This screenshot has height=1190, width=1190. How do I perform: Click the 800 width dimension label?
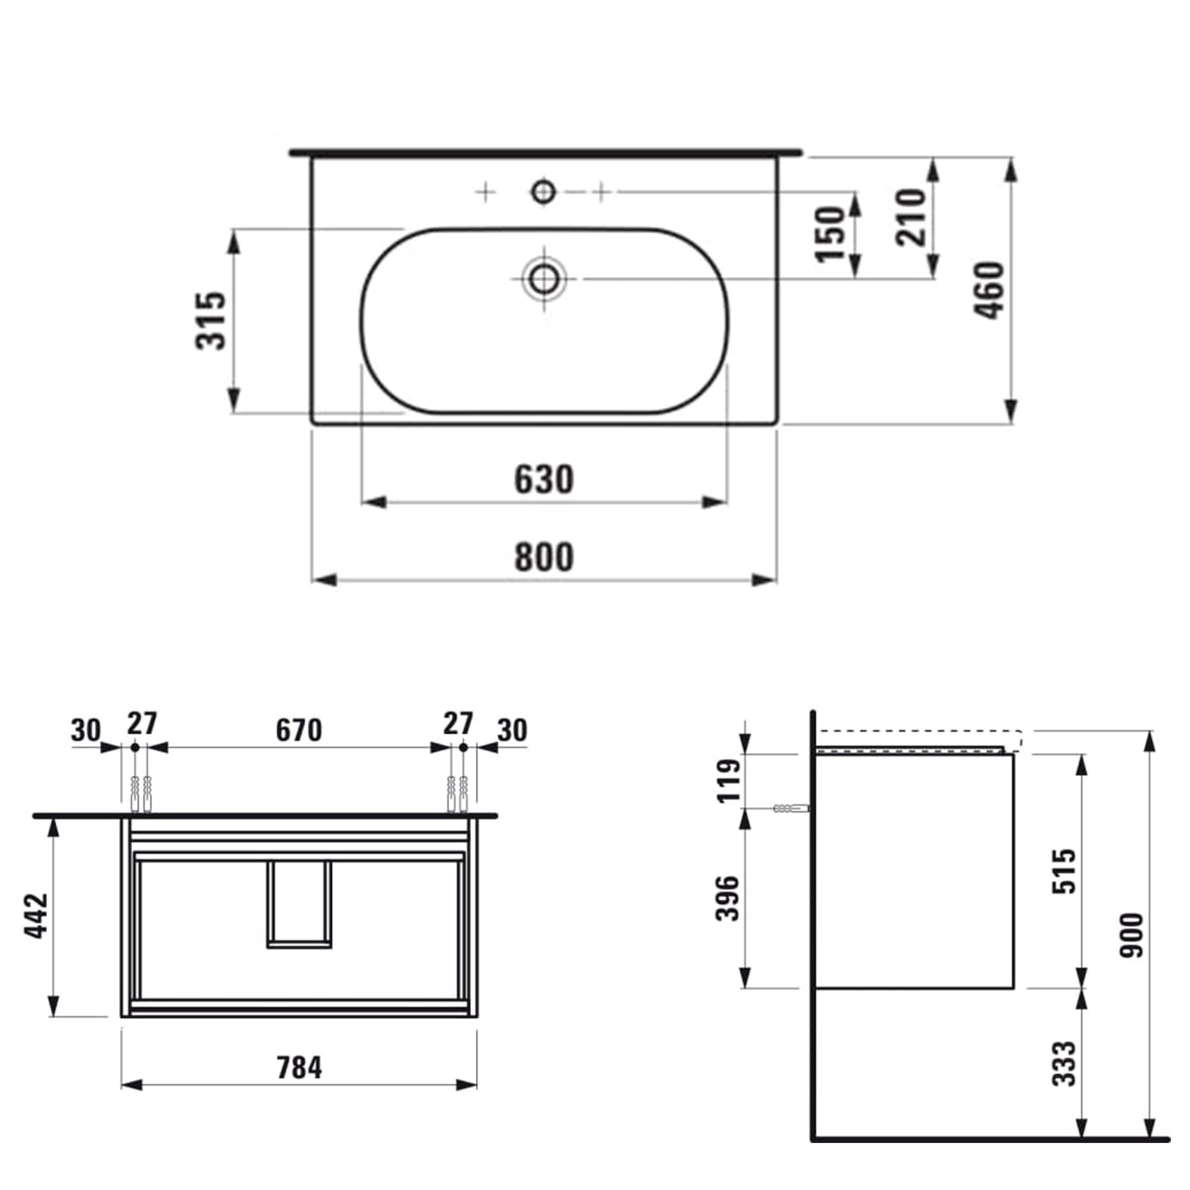(544, 556)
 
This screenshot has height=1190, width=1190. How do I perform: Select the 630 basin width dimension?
(544, 479)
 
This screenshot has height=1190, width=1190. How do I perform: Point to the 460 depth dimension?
(989, 290)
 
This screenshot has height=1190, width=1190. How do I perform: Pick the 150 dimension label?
(829, 234)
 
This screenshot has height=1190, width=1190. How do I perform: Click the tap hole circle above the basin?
(543, 192)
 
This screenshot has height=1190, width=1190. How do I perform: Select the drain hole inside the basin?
(543, 279)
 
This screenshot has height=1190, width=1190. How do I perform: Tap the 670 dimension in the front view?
(299, 731)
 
